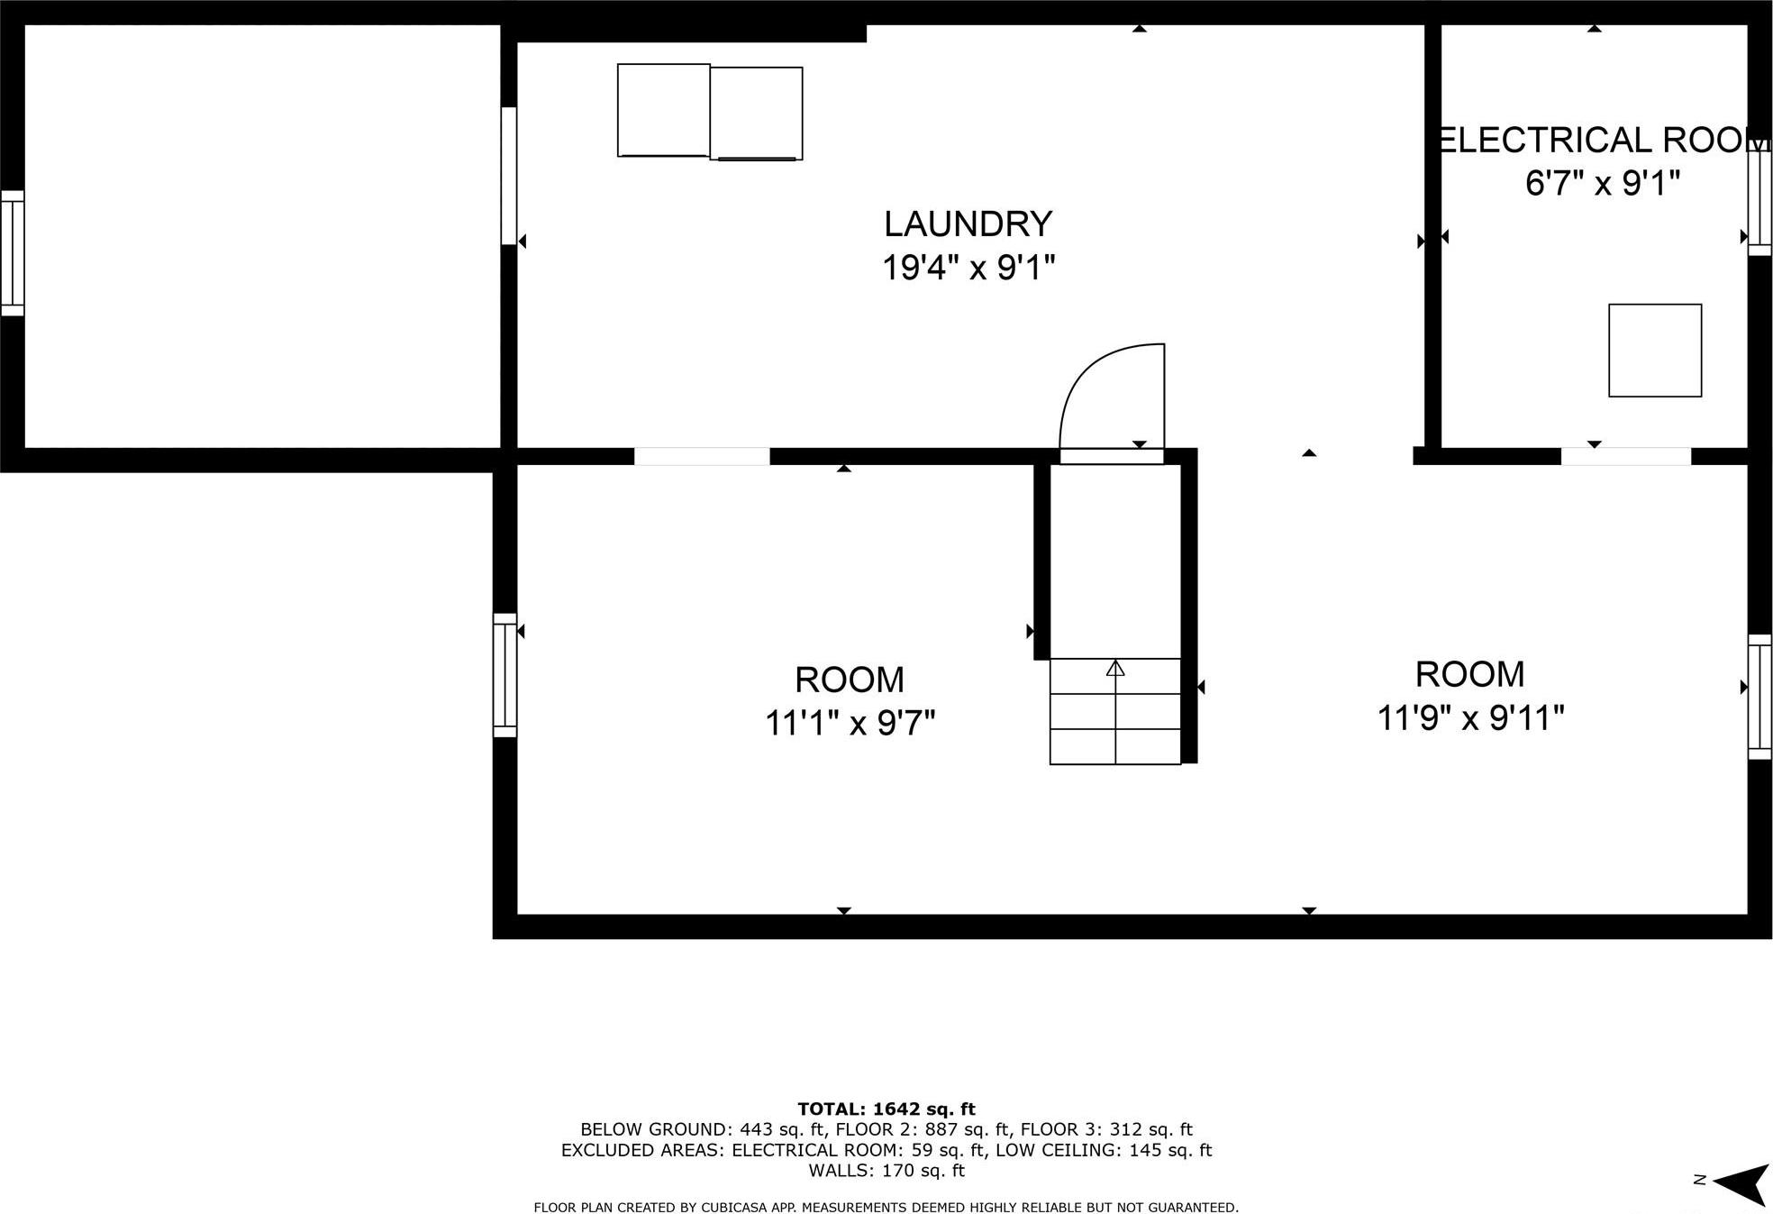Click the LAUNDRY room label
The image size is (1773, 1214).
pyautogui.click(x=968, y=224)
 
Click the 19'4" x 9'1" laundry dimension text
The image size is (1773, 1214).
pyautogui.click(x=968, y=268)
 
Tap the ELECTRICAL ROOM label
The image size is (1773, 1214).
pyautogui.click(x=1600, y=141)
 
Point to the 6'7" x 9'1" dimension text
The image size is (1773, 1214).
pyautogui.click(x=1602, y=184)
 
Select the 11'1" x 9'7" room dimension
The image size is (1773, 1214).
pyautogui.click(x=850, y=723)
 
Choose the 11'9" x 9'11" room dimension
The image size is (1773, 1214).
pyautogui.click(x=1469, y=718)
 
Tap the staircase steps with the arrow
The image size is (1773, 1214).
pyautogui.click(x=1115, y=711)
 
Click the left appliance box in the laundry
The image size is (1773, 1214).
pyautogui.click(x=663, y=110)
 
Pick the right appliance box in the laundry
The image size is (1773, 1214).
pyautogui.click(x=756, y=114)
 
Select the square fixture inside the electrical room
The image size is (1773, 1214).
pyautogui.click(x=1654, y=351)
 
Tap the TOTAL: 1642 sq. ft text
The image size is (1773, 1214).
pyautogui.click(x=886, y=1109)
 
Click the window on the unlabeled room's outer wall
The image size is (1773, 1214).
pyautogui.click(x=13, y=253)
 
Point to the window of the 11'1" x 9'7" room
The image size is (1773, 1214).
pyautogui.click(x=505, y=675)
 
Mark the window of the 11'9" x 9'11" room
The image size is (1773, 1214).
pyautogui.click(x=1759, y=697)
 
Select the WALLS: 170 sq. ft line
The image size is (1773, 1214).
pyautogui.click(x=886, y=1171)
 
